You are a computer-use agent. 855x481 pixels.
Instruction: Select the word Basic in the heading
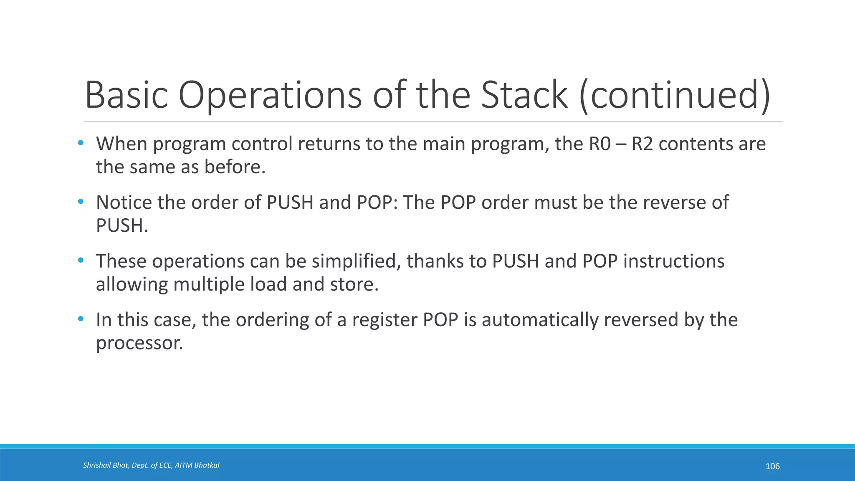pyautogui.click(x=126, y=95)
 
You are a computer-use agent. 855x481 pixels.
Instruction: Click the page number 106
pyautogui.click(x=772, y=466)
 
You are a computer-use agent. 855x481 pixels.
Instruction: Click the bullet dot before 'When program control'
pyautogui.click(x=81, y=143)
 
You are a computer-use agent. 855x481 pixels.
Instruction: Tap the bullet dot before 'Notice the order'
pyautogui.click(x=81, y=202)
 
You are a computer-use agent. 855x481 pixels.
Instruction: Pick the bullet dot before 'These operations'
pyautogui.click(x=81, y=261)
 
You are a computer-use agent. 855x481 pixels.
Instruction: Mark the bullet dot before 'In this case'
pyautogui.click(x=81, y=319)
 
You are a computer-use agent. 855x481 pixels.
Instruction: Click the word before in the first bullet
pyautogui.click(x=235, y=167)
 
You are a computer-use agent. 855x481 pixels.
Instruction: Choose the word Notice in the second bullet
pyautogui.click(x=124, y=203)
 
